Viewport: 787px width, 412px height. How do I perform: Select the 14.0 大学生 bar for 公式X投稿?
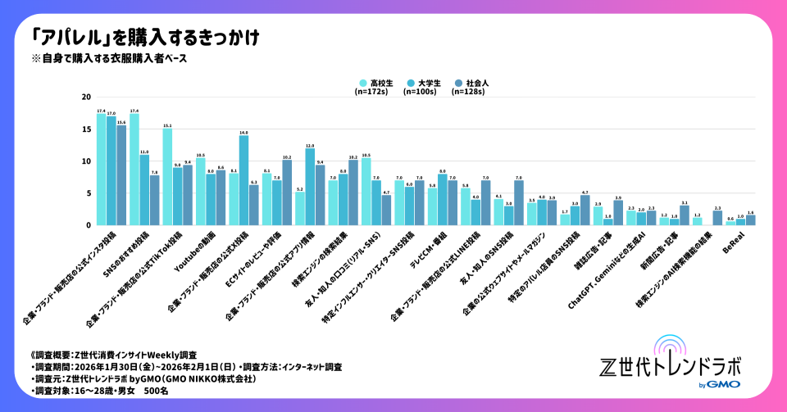click(x=243, y=180)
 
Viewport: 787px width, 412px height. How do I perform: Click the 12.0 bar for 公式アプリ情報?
click(x=310, y=187)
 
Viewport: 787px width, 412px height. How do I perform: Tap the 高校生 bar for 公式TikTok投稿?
click(x=167, y=176)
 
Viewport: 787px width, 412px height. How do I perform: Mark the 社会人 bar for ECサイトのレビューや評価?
click(x=287, y=192)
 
